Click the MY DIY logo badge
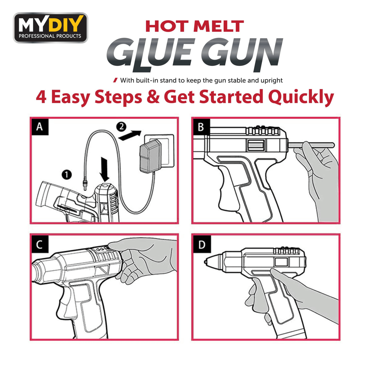[x=50, y=28]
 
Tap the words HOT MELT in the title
[x=194, y=26]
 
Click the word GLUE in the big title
[x=149, y=54]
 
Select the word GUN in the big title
[x=241, y=54]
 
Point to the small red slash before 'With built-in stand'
[x=115, y=80]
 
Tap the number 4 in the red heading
[x=41, y=97]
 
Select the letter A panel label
[x=40, y=126]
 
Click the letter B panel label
[x=201, y=126]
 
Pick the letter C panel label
[x=40, y=245]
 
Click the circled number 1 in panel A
[x=67, y=174]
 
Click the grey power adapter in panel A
[x=150, y=156]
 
